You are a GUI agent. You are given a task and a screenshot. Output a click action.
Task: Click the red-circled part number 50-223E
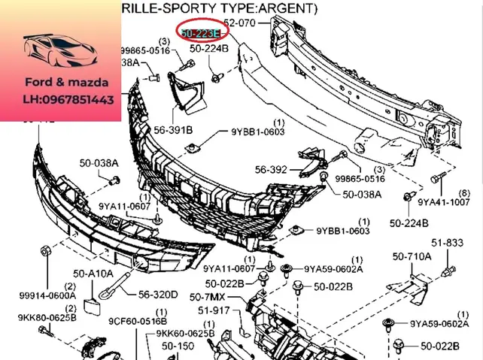coord(200,32)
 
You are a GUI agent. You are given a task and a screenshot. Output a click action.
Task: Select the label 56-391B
coord(173,130)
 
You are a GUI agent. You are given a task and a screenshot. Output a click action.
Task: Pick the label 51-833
coord(447,243)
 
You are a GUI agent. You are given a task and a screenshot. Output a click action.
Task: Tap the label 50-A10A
coord(93,274)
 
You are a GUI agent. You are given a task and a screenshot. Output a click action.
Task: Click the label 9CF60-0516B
coord(137,321)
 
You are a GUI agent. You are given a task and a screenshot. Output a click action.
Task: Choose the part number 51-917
coord(214,310)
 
